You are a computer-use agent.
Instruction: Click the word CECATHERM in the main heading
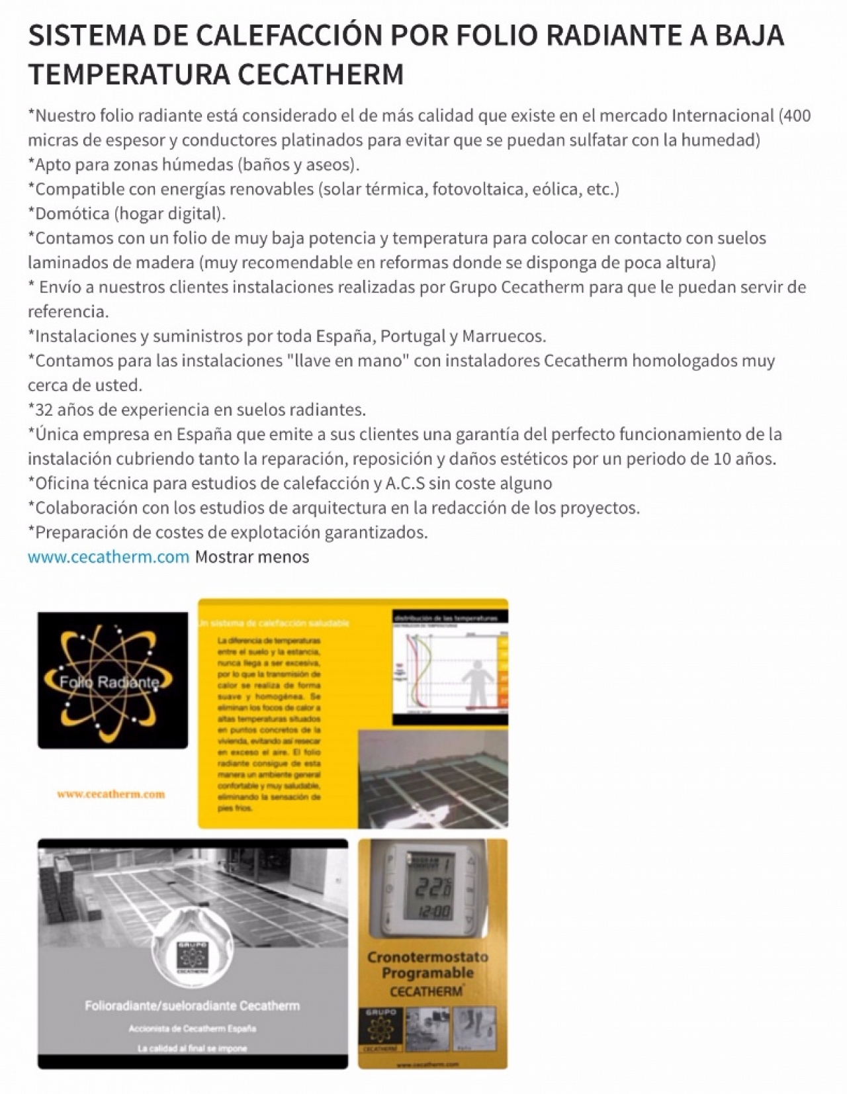tap(320, 74)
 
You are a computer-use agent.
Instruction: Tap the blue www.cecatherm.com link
tap(109, 557)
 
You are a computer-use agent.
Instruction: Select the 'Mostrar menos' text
tap(251, 557)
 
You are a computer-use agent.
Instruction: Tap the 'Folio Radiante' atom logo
tap(112, 680)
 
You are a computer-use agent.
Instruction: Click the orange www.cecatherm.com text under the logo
tap(111, 794)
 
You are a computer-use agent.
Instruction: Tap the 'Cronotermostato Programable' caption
tap(427, 965)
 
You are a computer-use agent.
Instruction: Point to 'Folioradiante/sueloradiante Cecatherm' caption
tap(192, 1005)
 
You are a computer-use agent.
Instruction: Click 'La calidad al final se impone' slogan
tap(192, 1048)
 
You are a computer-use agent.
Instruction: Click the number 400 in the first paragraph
tap(796, 116)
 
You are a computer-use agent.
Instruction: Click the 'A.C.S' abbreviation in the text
tap(404, 483)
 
